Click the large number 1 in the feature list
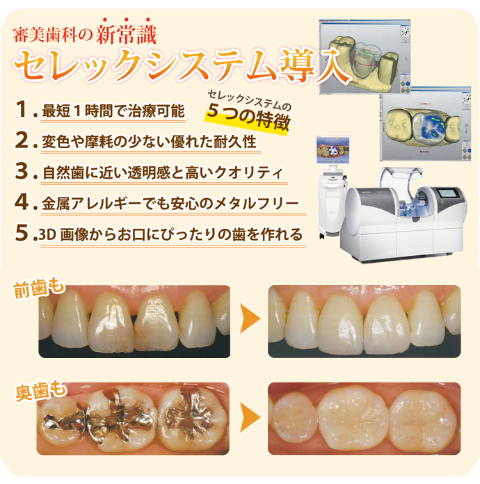click(22, 109)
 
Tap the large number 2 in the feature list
click(22, 140)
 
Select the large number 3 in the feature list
click(22, 170)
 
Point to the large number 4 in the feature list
click(22, 202)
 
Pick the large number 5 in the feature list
click(22, 232)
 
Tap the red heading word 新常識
click(126, 35)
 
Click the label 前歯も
click(39, 289)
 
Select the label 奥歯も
click(40, 392)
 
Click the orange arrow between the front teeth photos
click(249, 319)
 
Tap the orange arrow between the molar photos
click(249, 417)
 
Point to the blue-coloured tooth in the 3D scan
click(431, 127)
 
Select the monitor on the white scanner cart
click(333, 150)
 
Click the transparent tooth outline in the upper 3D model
click(366, 60)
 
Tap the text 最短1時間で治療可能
click(113, 111)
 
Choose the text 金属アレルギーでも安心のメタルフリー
click(170, 204)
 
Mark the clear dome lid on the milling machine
click(401, 179)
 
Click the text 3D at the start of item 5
click(47, 235)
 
